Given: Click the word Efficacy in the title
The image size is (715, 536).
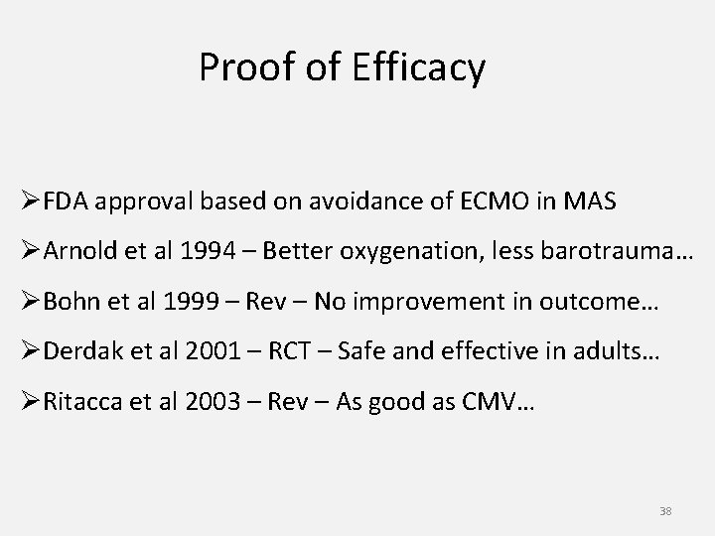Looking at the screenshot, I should pos(423,68).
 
